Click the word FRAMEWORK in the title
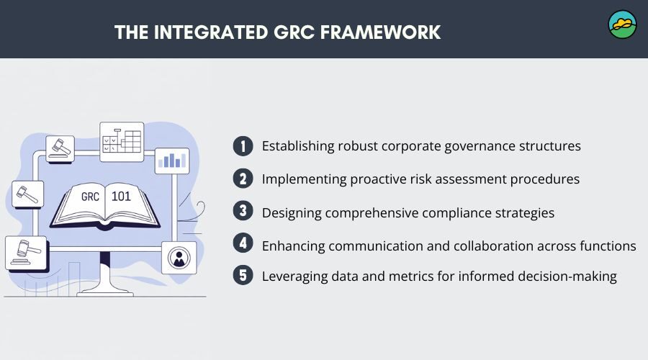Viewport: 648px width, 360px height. [380, 32]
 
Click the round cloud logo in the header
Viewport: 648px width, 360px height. [622, 24]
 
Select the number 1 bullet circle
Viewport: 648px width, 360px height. [243, 146]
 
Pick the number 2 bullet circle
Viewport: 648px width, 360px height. [243, 179]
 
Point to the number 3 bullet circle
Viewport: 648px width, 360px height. [243, 211]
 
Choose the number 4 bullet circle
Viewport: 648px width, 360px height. [243, 243]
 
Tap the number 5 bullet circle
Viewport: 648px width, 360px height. [243, 275]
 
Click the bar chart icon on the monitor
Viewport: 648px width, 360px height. [172, 161]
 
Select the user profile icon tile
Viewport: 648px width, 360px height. [179, 258]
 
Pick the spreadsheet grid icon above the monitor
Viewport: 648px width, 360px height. [122, 141]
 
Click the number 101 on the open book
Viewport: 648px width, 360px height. [121, 196]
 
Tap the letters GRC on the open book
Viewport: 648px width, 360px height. [90, 197]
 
